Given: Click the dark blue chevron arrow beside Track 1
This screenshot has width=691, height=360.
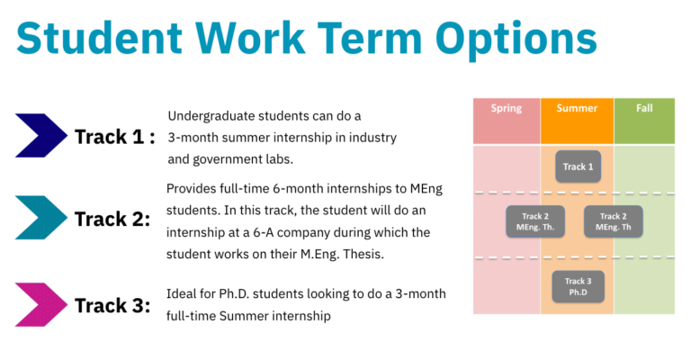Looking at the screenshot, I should coord(41,136).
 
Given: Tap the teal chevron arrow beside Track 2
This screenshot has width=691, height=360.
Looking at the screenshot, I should coord(41,218).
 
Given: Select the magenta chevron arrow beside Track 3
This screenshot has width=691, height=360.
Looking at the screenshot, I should coord(41,304).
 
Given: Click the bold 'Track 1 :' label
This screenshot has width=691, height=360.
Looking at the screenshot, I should coord(114,137).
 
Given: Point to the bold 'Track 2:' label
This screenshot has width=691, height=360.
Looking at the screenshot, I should coord(112,219).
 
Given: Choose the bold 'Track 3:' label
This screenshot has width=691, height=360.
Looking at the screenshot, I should coord(112,305).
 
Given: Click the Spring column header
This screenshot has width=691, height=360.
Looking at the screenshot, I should coord(506,109).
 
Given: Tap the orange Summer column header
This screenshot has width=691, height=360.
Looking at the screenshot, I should coord(577,109).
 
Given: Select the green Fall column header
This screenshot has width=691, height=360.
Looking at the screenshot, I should coord(644,109).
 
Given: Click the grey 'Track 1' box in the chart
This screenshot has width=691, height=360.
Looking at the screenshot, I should coord(578,166).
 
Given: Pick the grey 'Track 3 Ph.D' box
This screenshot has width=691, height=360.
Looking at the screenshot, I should coord(578,286).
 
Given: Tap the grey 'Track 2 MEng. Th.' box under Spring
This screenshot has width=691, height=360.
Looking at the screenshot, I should coord(534,221).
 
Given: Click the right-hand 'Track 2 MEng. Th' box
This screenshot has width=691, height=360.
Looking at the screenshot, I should coord(614,221).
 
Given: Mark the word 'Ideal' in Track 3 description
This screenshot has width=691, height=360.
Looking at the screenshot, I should coord(184,295).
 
